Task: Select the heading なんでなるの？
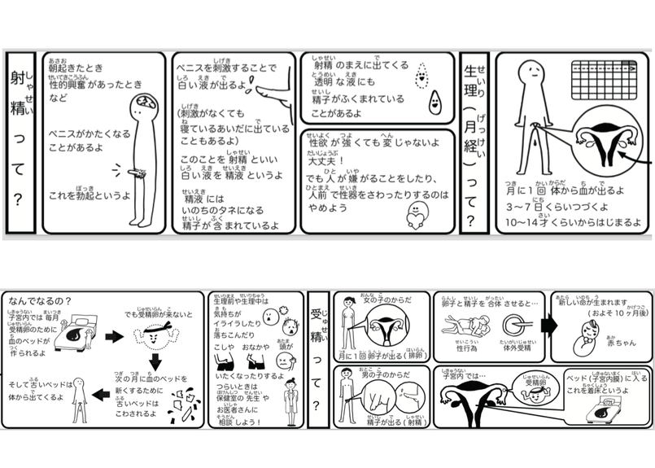(x=38, y=300)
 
